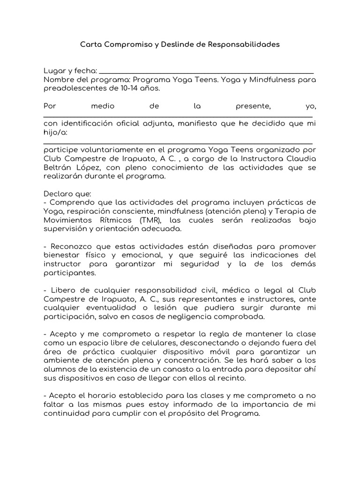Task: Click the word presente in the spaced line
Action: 253,106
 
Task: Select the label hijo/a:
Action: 55,132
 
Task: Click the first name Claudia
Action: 300,159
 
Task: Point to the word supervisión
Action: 66,229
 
